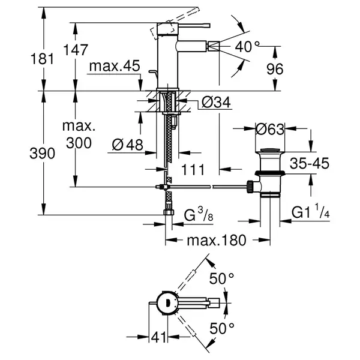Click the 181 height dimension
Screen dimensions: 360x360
coord(42,59)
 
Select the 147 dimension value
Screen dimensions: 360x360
coord(76,50)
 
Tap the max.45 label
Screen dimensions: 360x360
coord(115,66)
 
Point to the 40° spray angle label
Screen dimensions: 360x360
coord(247,47)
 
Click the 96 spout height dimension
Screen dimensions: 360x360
coord(275,69)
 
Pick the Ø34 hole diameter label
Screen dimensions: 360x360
coord(216,103)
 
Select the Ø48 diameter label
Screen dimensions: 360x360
coord(128,145)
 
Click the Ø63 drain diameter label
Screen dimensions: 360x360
coord(270,129)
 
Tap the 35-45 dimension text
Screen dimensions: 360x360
coord(310,163)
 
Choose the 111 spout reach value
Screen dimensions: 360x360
coord(193,170)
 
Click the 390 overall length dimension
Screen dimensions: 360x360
coord(42,154)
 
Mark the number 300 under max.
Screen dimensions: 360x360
coord(79,143)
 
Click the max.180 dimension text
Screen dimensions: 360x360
coord(217,241)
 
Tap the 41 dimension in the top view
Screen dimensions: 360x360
coord(158,337)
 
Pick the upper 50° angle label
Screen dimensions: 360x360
coord(221,278)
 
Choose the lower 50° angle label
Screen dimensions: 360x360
coord(222,328)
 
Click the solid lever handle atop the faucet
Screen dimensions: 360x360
coord(194,25)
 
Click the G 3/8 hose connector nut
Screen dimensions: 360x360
coord(169,212)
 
